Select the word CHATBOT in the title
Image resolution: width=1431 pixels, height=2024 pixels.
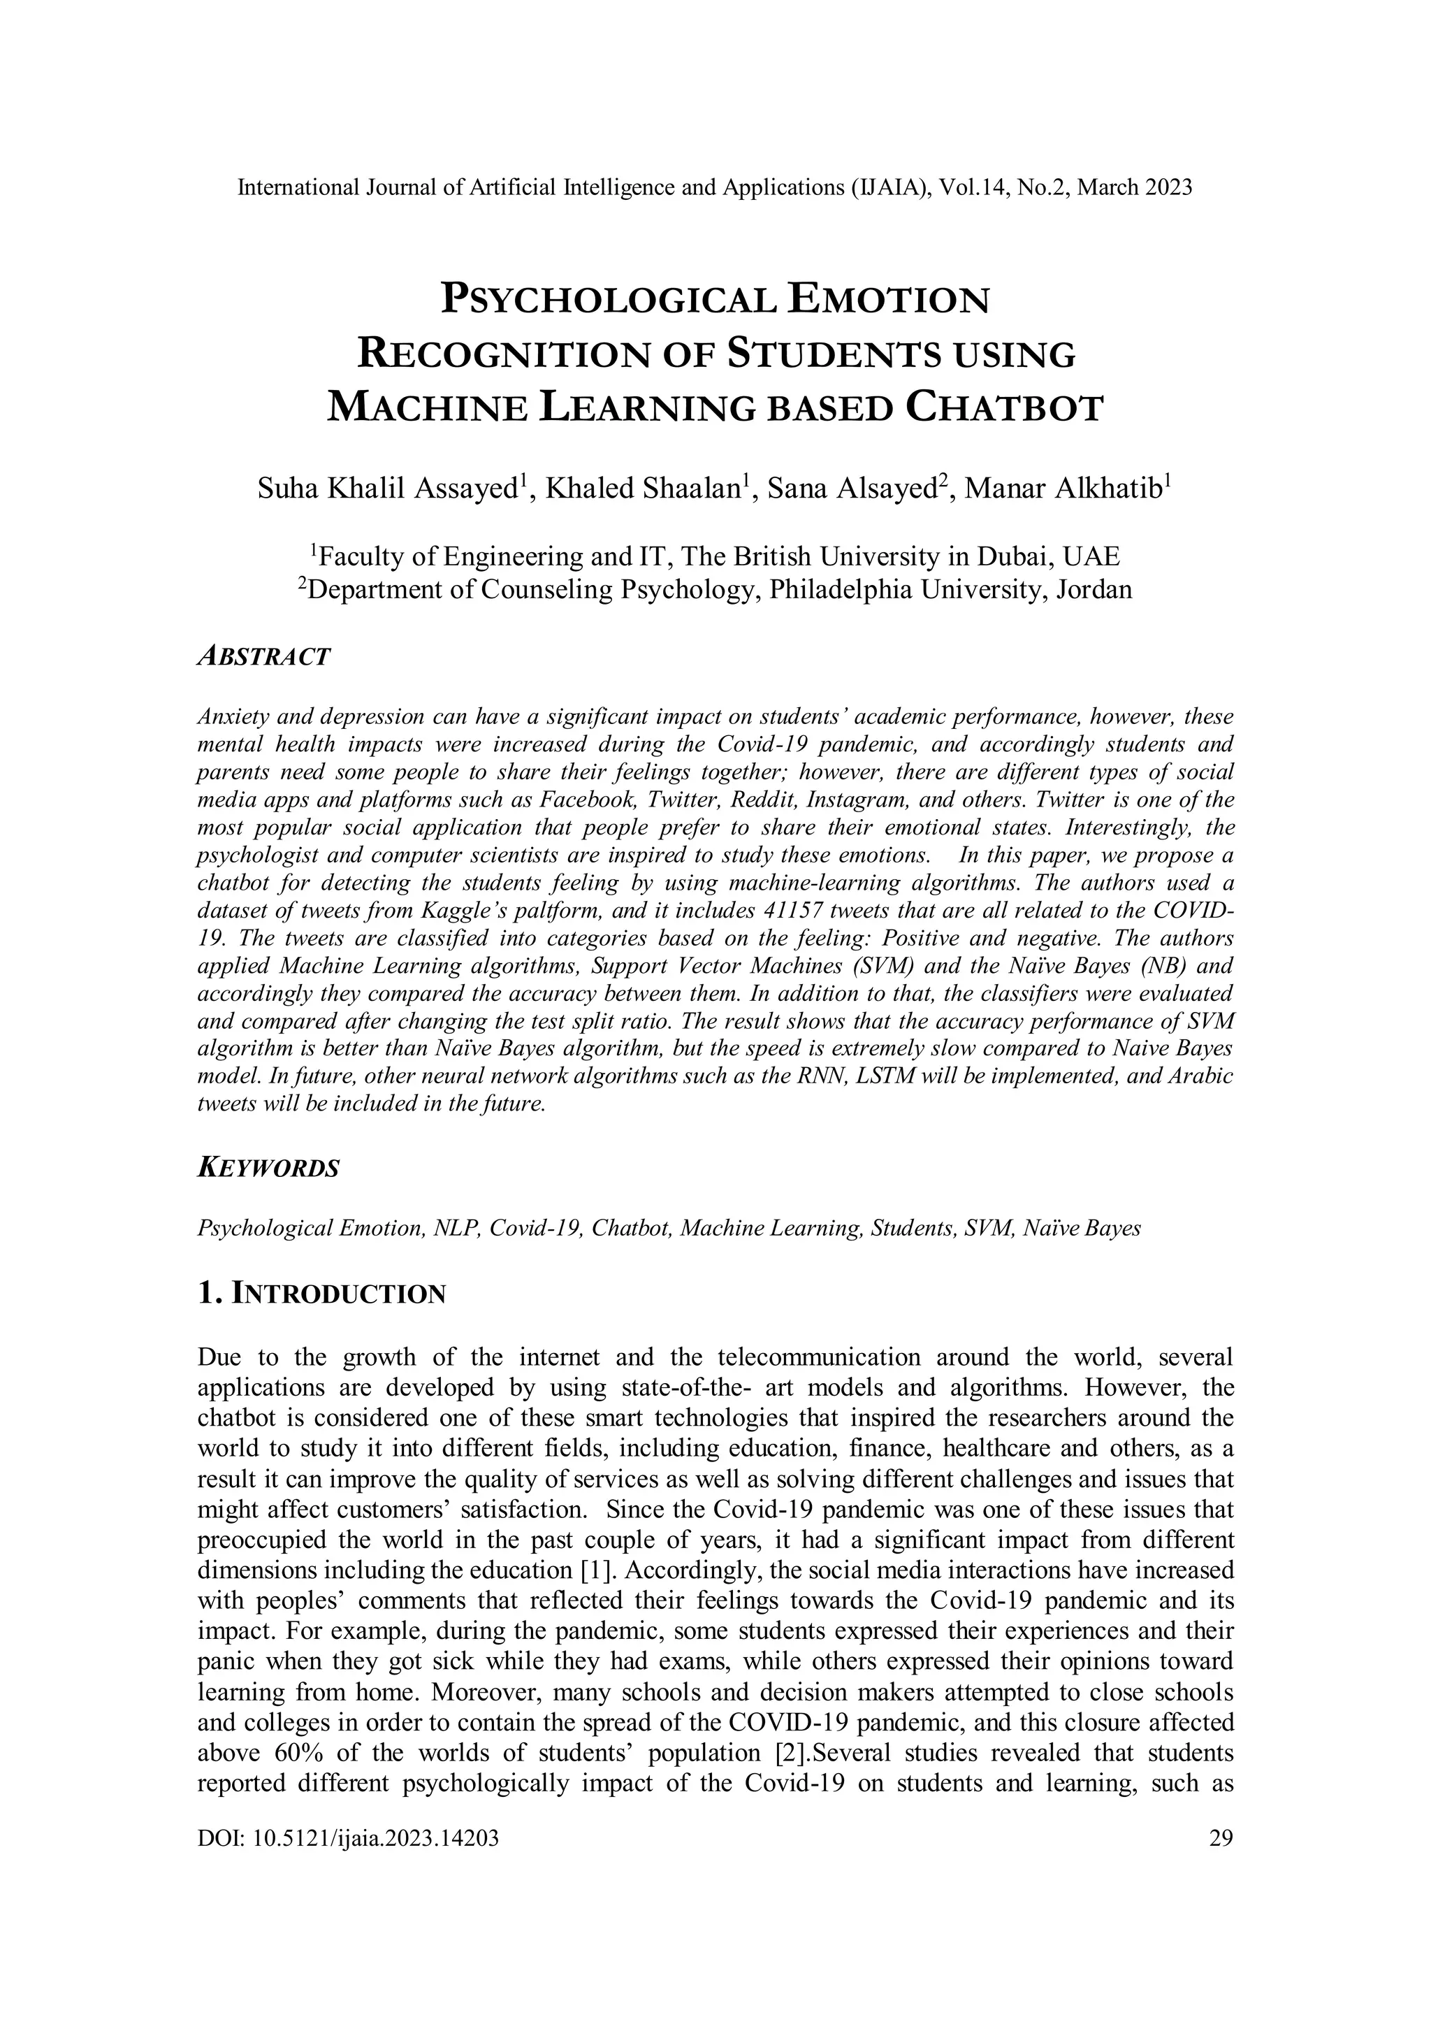[x=1005, y=409]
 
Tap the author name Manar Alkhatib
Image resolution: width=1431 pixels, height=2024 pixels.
[x=1063, y=489]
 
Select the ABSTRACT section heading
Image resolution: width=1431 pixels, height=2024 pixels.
[x=264, y=657]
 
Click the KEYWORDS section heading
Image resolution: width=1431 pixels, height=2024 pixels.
[x=269, y=1169]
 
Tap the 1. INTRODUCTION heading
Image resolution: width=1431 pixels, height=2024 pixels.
[x=323, y=1294]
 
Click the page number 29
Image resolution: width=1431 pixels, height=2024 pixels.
[x=1221, y=1838]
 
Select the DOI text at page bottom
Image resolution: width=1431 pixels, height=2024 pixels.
[x=349, y=1838]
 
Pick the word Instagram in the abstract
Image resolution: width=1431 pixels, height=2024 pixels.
[x=848, y=800]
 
